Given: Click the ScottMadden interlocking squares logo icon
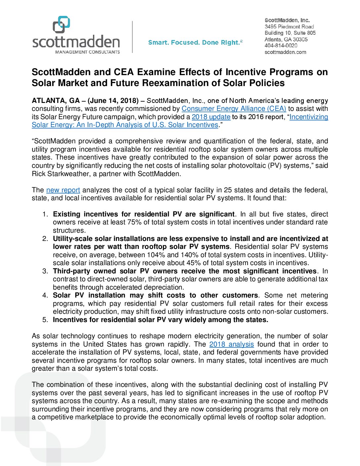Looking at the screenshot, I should (x=62, y=25).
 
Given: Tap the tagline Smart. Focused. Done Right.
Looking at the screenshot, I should (x=195, y=42).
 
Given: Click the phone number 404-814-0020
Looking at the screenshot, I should (x=281, y=46).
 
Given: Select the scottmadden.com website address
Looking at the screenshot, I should (x=285, y=52).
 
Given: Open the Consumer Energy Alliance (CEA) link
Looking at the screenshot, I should (x=234, y=109).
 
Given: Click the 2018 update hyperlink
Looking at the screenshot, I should (x=211, y=117).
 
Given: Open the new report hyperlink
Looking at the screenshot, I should (x=63, y=190).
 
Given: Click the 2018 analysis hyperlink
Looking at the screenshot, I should (x=232, y=344).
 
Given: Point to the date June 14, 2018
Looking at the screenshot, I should (x=113, y=101).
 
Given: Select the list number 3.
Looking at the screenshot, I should (x=45, y=271).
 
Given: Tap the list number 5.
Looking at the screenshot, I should (x=45, y=320).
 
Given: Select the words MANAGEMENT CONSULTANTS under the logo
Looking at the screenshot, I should (x=87, y=52).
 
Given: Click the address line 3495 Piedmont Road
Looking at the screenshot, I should (x=289, y=26).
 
